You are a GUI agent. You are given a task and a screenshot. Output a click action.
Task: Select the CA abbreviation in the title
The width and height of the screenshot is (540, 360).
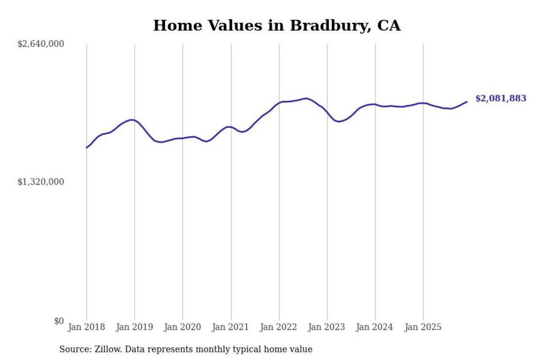[389, 26]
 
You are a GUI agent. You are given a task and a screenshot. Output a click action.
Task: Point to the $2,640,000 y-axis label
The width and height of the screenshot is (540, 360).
[40, 44]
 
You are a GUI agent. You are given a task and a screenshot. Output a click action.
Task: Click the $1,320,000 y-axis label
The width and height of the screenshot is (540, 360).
[40, 182]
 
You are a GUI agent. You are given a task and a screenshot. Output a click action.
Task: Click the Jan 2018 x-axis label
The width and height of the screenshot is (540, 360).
[86, 328]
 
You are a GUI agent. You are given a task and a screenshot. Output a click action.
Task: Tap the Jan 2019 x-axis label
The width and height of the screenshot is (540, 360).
[135, 328]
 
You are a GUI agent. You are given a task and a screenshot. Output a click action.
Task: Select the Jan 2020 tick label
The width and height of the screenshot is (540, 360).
[183, 328]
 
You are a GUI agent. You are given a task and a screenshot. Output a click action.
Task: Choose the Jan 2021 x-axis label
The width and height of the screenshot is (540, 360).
[231, 328]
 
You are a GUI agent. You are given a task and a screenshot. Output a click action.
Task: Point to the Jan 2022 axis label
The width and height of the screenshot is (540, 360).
[279, 328]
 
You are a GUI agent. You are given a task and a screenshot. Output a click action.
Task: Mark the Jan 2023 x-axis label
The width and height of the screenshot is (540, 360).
[327, 328]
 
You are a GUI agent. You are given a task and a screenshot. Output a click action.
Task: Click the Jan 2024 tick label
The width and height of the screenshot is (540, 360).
[375, 328]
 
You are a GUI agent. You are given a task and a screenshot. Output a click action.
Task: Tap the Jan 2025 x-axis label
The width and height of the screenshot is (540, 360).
[423, 328]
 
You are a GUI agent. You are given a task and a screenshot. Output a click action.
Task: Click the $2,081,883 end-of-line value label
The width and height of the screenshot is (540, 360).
[501, 99]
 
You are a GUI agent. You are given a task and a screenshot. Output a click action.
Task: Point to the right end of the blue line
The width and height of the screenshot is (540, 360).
[467, 102]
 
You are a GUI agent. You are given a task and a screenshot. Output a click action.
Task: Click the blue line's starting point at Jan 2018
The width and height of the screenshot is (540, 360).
[86, 148]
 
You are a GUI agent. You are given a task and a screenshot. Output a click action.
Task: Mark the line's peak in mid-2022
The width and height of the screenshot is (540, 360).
[307, 98]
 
